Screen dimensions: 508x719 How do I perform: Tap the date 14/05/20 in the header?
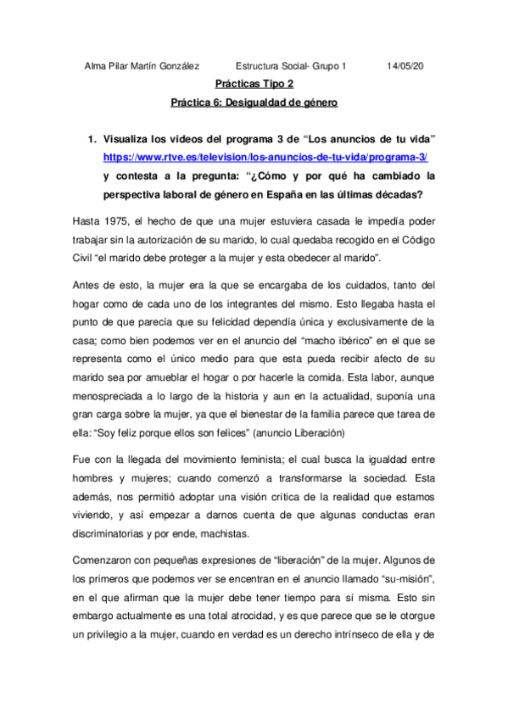point(405,66)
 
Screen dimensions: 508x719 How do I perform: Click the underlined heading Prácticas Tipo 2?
point(254,84)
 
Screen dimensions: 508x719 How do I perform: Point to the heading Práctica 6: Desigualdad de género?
point(254,103)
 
